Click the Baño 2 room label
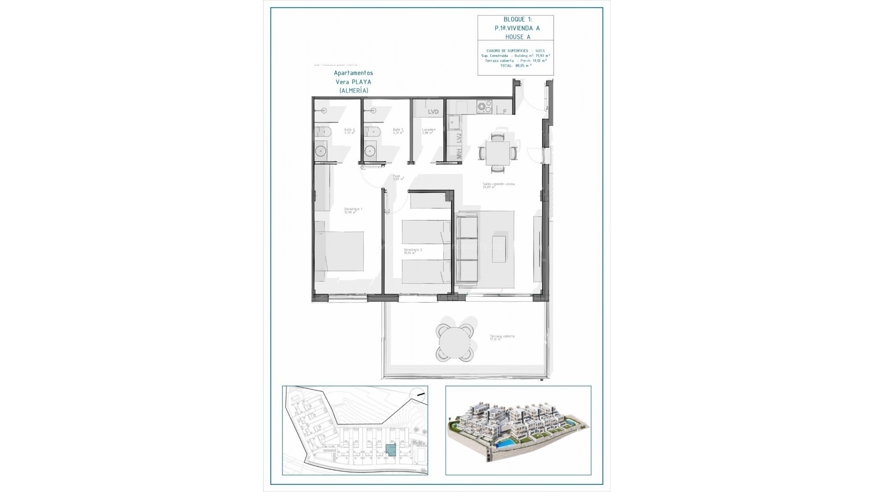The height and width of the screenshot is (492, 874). [349, 131]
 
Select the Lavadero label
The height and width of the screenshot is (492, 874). [428, 131]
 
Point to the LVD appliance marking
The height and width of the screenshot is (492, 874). [433, 112]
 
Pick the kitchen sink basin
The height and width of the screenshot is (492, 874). [453, 122]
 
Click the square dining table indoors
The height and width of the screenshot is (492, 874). [498, 153]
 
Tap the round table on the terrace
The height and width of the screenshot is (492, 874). [453, 342]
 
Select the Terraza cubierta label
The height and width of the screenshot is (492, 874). [502, 337]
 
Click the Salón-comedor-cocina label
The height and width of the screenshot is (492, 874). [498, 185]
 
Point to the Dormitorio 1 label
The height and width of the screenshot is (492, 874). [353, 210]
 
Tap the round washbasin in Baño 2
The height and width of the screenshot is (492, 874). [321, 150]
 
